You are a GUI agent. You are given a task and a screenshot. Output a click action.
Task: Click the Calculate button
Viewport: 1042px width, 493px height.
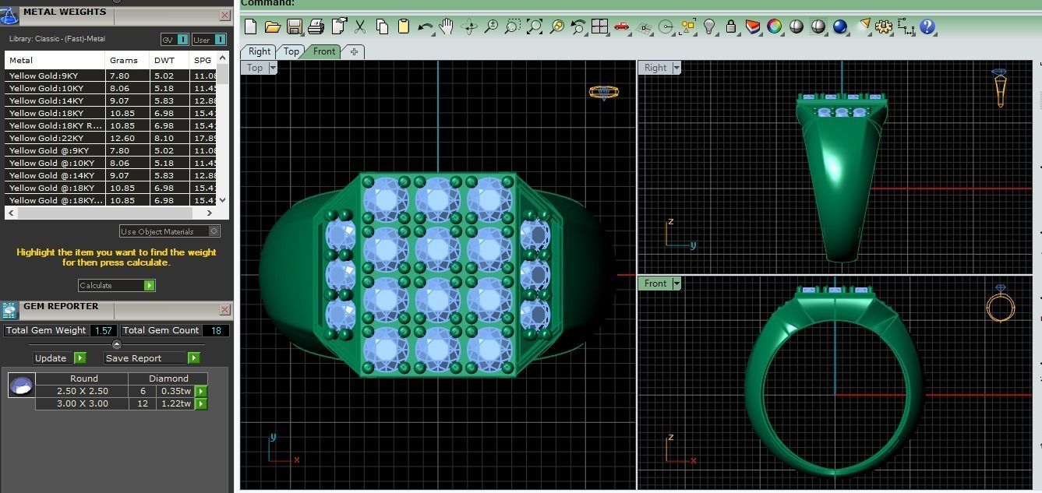coord(116,286)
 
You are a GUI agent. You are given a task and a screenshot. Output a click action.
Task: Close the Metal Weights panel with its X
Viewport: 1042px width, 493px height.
coord(225,15)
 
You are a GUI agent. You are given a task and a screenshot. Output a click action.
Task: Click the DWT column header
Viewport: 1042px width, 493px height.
coord(164,60)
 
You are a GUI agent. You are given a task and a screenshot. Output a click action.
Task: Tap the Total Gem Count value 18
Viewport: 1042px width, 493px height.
coord(216,330)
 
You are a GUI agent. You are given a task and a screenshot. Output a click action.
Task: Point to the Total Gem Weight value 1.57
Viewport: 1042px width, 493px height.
coord(103,330)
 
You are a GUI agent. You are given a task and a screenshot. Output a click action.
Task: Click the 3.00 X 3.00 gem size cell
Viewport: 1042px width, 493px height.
coord(83,403)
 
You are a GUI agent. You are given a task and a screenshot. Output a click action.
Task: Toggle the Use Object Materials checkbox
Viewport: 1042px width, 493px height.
coord(214,231)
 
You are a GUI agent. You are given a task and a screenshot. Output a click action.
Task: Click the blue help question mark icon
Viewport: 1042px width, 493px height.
coord(927,26)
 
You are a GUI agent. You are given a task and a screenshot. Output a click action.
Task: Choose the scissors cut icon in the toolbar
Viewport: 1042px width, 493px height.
coord(360,26)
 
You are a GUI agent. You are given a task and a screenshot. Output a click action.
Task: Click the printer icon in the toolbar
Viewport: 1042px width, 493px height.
coord(316,26)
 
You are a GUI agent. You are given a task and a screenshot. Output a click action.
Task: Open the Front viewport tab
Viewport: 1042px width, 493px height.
coord(323,51)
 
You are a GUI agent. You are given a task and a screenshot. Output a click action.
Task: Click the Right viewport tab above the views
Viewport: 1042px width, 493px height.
coord(260,51)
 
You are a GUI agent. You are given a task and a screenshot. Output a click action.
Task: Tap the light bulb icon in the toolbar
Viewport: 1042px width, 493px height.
coord(709,26)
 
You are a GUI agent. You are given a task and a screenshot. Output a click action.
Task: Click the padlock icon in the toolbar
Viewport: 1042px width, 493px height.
coord(730,26)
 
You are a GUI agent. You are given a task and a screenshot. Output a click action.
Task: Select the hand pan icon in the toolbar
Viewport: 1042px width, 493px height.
coord(446,26)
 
